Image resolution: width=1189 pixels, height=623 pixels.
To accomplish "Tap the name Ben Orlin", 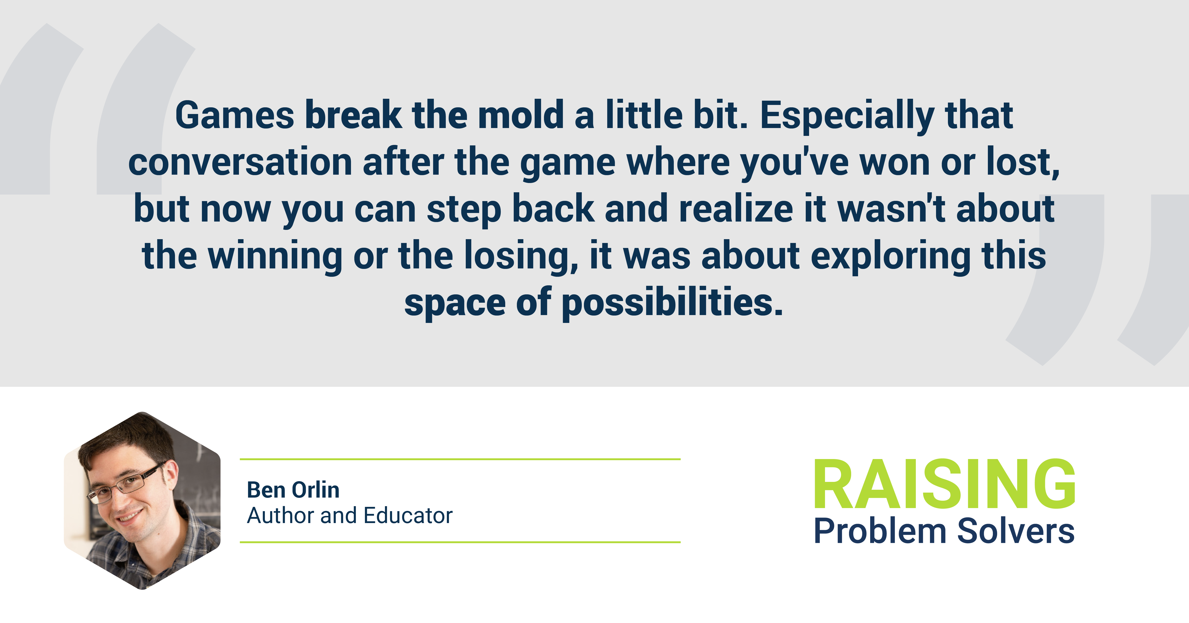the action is [293, 489].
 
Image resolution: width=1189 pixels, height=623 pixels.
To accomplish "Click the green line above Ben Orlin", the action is [460, 459].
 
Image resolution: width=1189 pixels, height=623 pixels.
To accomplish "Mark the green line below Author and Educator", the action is [460, 542].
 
